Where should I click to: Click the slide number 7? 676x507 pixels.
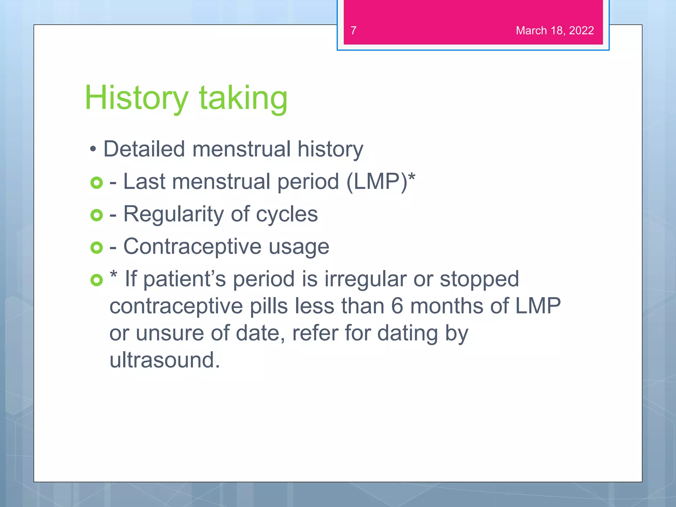click(353, 30)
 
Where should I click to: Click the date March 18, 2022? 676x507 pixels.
click(555, 30)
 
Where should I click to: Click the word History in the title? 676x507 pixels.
click(136, 98)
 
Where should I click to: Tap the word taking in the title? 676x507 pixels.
click(243, 98)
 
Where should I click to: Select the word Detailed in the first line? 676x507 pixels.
click(144, 149)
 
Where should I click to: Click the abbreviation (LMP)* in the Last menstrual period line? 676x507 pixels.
click(380, 182)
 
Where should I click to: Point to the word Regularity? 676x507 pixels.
click(174, 215)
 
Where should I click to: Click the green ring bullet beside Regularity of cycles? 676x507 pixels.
click(96, 215)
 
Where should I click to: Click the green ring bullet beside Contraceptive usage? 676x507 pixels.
click(96, 248)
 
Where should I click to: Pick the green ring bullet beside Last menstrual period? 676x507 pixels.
click(96, 183)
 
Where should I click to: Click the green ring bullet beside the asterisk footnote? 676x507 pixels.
click(96, 280)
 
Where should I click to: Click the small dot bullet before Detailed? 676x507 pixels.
click(93, 150)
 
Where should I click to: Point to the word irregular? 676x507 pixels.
click(365, 279)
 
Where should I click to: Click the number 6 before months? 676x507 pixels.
click(397, 306)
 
